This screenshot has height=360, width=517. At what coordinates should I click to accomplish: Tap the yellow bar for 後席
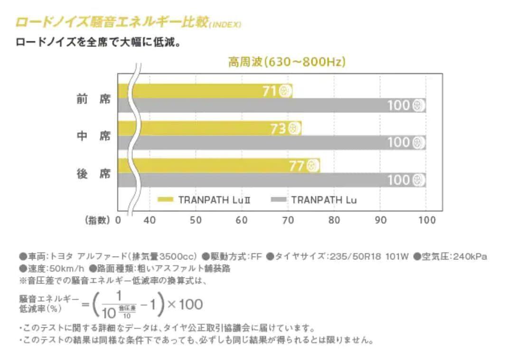click(218, 166)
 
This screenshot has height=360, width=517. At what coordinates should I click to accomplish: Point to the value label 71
click(269, 91)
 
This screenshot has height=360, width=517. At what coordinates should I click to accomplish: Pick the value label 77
click(296, 166)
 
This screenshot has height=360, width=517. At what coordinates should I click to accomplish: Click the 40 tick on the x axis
click(150, 220)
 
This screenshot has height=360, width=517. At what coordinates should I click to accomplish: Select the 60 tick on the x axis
click(242, 220)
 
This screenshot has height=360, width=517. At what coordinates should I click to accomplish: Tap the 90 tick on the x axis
click(381, 220)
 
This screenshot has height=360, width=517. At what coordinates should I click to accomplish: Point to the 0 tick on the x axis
click(118, 220)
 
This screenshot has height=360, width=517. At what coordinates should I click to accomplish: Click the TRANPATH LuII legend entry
click(204, 200)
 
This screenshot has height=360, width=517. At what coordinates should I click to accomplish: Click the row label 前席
click(94, 99)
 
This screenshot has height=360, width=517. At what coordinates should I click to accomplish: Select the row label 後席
click(94, 174)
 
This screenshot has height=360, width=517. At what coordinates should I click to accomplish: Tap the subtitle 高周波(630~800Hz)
click(287, 62)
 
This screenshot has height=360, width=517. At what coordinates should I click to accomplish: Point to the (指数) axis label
click(97, 220)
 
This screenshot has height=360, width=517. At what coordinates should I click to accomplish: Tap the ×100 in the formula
click(186, 304)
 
